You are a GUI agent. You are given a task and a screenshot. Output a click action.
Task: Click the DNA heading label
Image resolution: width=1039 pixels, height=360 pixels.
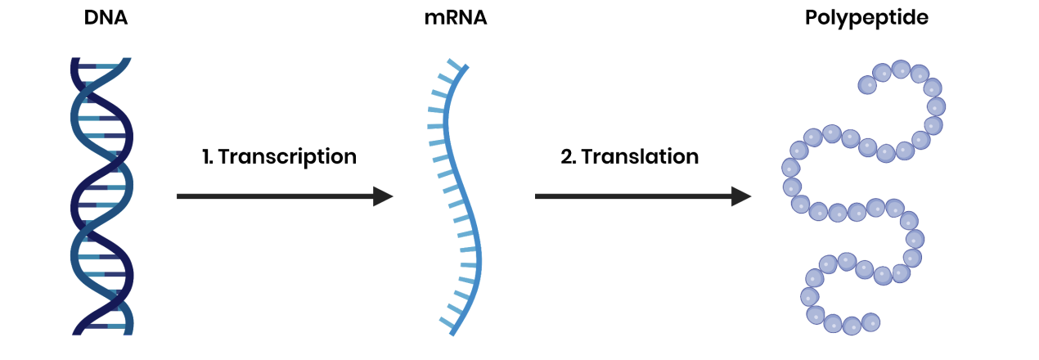pyautogui.click(x=106, y=17)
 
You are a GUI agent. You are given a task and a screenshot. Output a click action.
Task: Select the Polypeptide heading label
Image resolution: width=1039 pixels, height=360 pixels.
pyautogui.click(x=866, y=17)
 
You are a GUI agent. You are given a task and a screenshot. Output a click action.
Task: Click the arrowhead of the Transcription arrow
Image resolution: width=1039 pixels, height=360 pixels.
pyautogui.click(x=384, y=196)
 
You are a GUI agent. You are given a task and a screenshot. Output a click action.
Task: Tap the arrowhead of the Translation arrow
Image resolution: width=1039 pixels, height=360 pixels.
pyautogui.click(x=741, y=196)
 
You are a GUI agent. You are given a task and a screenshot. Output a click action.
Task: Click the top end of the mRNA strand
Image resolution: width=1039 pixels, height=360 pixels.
pyautogui.click(x=466, y=66)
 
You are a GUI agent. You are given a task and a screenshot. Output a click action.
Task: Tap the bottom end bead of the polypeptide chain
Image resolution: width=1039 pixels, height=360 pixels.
pyautogui.click(x=871, y=322)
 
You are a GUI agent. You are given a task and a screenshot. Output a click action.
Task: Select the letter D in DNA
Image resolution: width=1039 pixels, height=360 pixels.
pyautogui.click(x=91, y=17)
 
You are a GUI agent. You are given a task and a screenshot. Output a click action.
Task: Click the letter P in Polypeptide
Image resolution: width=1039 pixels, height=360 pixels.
pyautogui.click(x=812, y=17)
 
